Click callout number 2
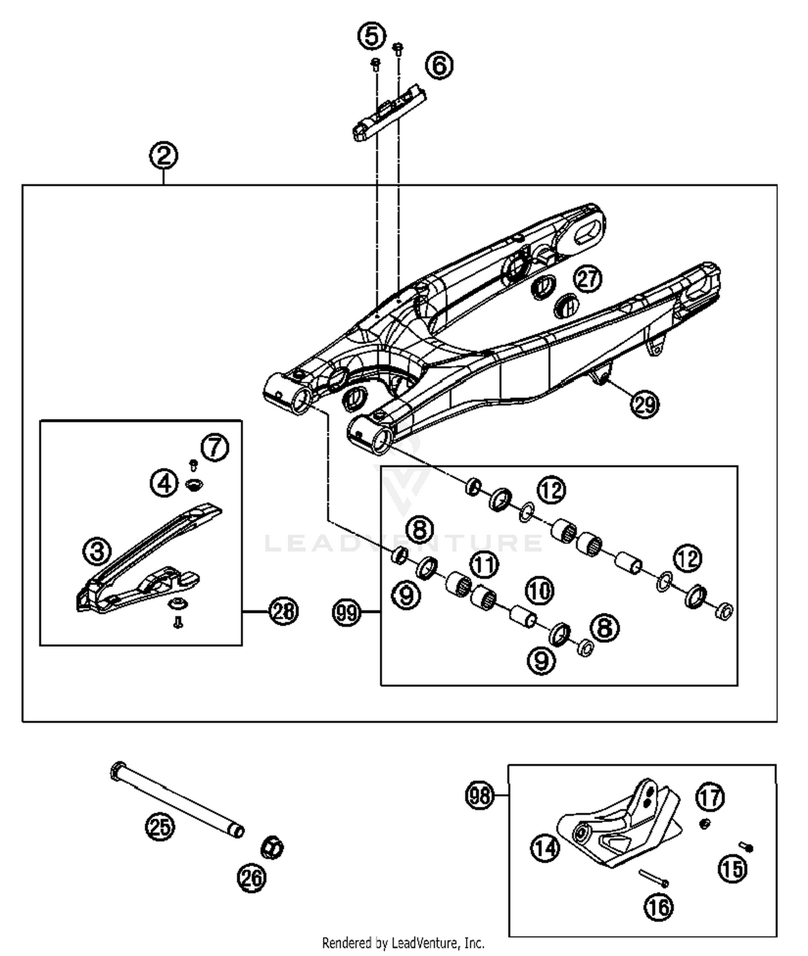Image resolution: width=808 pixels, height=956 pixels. pos(163,156)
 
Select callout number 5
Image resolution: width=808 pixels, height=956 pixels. pos(372,37)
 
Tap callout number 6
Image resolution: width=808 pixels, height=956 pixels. pos(439,65)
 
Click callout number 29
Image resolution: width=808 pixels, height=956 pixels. pos(645,404)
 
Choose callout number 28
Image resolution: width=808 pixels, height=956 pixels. pos(283,611)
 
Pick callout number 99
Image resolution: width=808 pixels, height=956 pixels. pos(346,612)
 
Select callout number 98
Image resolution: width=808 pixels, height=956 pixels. pos(479,795)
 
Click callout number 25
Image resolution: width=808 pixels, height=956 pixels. pos(160,826)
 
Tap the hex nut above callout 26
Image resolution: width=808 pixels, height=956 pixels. pos(272,848)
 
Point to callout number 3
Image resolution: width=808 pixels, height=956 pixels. pos(97,550)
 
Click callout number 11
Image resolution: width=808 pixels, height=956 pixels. pos(484,565)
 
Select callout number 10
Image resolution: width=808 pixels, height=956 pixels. pos(539,591)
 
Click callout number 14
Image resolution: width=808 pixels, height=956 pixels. pos(545,849)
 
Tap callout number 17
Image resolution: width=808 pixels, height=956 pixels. pos(710,797)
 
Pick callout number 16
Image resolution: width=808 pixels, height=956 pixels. pos(659,908)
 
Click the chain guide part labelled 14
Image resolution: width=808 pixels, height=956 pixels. pos(619,829)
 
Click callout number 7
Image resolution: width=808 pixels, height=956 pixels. pos(215,447)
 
